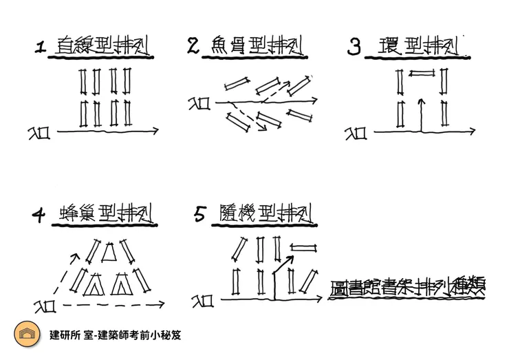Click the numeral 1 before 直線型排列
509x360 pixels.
[41, 47]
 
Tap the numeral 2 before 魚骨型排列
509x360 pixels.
[193, 46]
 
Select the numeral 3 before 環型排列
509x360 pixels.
[354, 47]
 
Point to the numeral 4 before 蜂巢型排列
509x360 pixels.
[39, 215]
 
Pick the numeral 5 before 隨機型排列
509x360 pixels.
[200, 215]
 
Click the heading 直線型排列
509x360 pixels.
[102, 47]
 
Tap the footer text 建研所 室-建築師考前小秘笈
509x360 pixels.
[115, 335]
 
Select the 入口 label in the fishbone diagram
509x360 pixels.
[199, 103]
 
